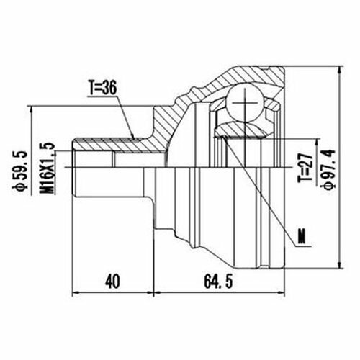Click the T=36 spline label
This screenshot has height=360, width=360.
[x=103, y=88]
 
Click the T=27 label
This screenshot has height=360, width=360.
[x=305, y=168]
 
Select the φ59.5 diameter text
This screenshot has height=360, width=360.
[x=19, y=171]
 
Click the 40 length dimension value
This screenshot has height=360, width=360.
[x=112, y=282]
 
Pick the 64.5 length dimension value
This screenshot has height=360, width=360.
[x=218, y=282]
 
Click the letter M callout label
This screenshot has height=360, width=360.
[x=302, y=236]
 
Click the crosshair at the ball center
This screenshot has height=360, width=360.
[x=245, y=103]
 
